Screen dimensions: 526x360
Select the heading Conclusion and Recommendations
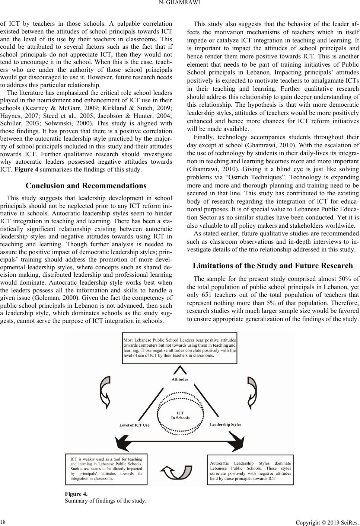(86, 186)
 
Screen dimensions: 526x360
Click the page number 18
(3, 519)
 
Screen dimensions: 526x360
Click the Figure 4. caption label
(76, 494)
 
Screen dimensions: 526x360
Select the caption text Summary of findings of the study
(105, 500)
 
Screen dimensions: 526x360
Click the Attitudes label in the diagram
(180, 379)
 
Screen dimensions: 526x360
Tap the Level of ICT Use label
(134, 425)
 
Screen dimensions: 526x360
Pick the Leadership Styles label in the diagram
(226, 424)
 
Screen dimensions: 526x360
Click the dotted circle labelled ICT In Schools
(181, 415)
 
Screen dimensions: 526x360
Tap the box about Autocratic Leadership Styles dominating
(250, 470)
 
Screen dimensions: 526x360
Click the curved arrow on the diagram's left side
(105, 391)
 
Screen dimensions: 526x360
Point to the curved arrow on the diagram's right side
(252, 390)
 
